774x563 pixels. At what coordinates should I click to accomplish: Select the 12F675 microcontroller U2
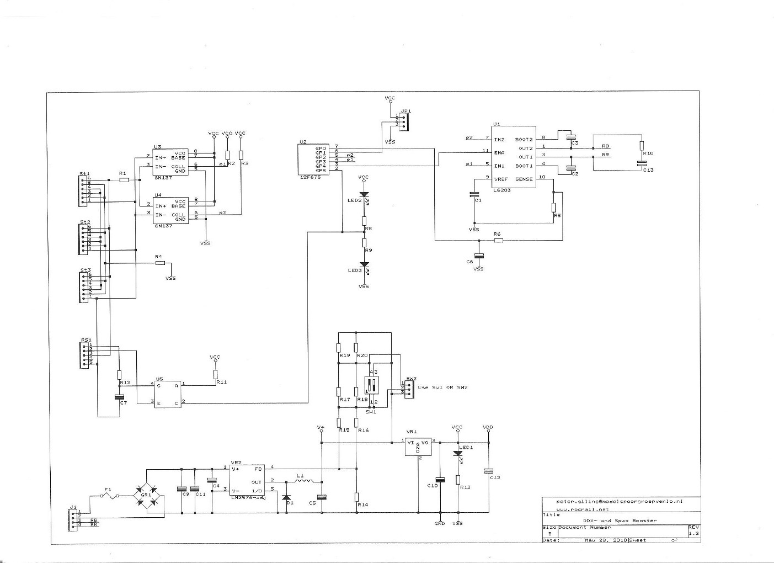tap(313, 160)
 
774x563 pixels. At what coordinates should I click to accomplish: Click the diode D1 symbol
tap(286, 498)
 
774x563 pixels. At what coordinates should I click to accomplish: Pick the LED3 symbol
tap(364, 265)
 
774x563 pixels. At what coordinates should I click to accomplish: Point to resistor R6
tap(498, 240)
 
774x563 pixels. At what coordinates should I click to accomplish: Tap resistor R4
tap(160, 263)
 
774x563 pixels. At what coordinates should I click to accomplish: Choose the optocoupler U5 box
tap(168, 394)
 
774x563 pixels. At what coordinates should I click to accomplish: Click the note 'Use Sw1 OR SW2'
tap(442, 387)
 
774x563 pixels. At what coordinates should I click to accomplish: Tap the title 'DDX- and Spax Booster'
tap(620, 520)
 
